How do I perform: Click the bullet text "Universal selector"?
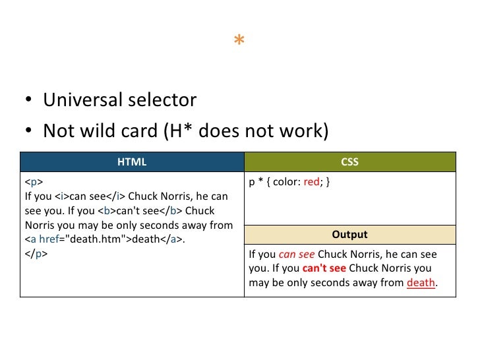click(119, 100)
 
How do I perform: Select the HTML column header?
click(132, 162)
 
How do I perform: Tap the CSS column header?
click(350, 162)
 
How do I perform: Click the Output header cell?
click(350, 234)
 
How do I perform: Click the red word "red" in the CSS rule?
click(311, 183)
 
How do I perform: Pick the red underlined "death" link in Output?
click(421, 283)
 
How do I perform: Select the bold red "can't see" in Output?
click(324, 268)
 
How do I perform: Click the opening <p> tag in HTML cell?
click(34, 183)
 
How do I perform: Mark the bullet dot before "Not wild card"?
click(29, 132)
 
